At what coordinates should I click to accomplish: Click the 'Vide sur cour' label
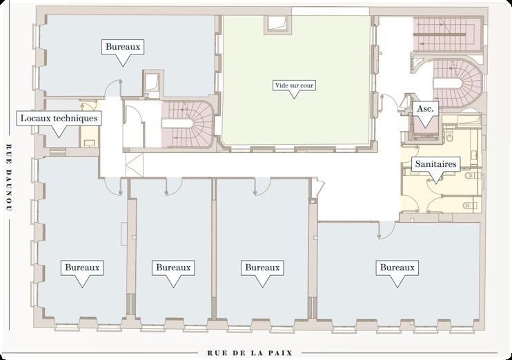point(294,86)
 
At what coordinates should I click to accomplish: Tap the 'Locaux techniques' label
point(59,118)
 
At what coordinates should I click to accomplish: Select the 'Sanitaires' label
point(435,164)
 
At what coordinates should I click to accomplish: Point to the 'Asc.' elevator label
point(425,109)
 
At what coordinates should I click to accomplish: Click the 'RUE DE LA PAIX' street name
point(250,353)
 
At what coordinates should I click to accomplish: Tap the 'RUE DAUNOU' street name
point(9,179)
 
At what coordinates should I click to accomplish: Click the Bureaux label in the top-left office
point(123,47)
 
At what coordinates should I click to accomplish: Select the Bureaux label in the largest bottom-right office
point(397,268)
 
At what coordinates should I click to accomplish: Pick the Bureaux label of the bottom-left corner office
point(82,268)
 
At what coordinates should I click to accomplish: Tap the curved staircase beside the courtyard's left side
point(187,123)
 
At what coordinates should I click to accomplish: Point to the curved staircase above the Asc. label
point(457,83)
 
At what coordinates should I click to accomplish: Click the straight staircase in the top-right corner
point(448,34)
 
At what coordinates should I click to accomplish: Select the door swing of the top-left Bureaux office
point(113,89)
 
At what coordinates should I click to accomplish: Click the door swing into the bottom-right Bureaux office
point(386,230)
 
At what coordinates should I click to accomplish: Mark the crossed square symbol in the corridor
point(135,165)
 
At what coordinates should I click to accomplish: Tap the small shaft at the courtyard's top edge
point(277,23)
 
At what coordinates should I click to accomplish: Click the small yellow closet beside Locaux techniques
point(89,123)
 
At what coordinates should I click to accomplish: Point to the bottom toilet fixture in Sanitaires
point(470,206)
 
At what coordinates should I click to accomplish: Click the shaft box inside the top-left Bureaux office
point(152,83)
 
